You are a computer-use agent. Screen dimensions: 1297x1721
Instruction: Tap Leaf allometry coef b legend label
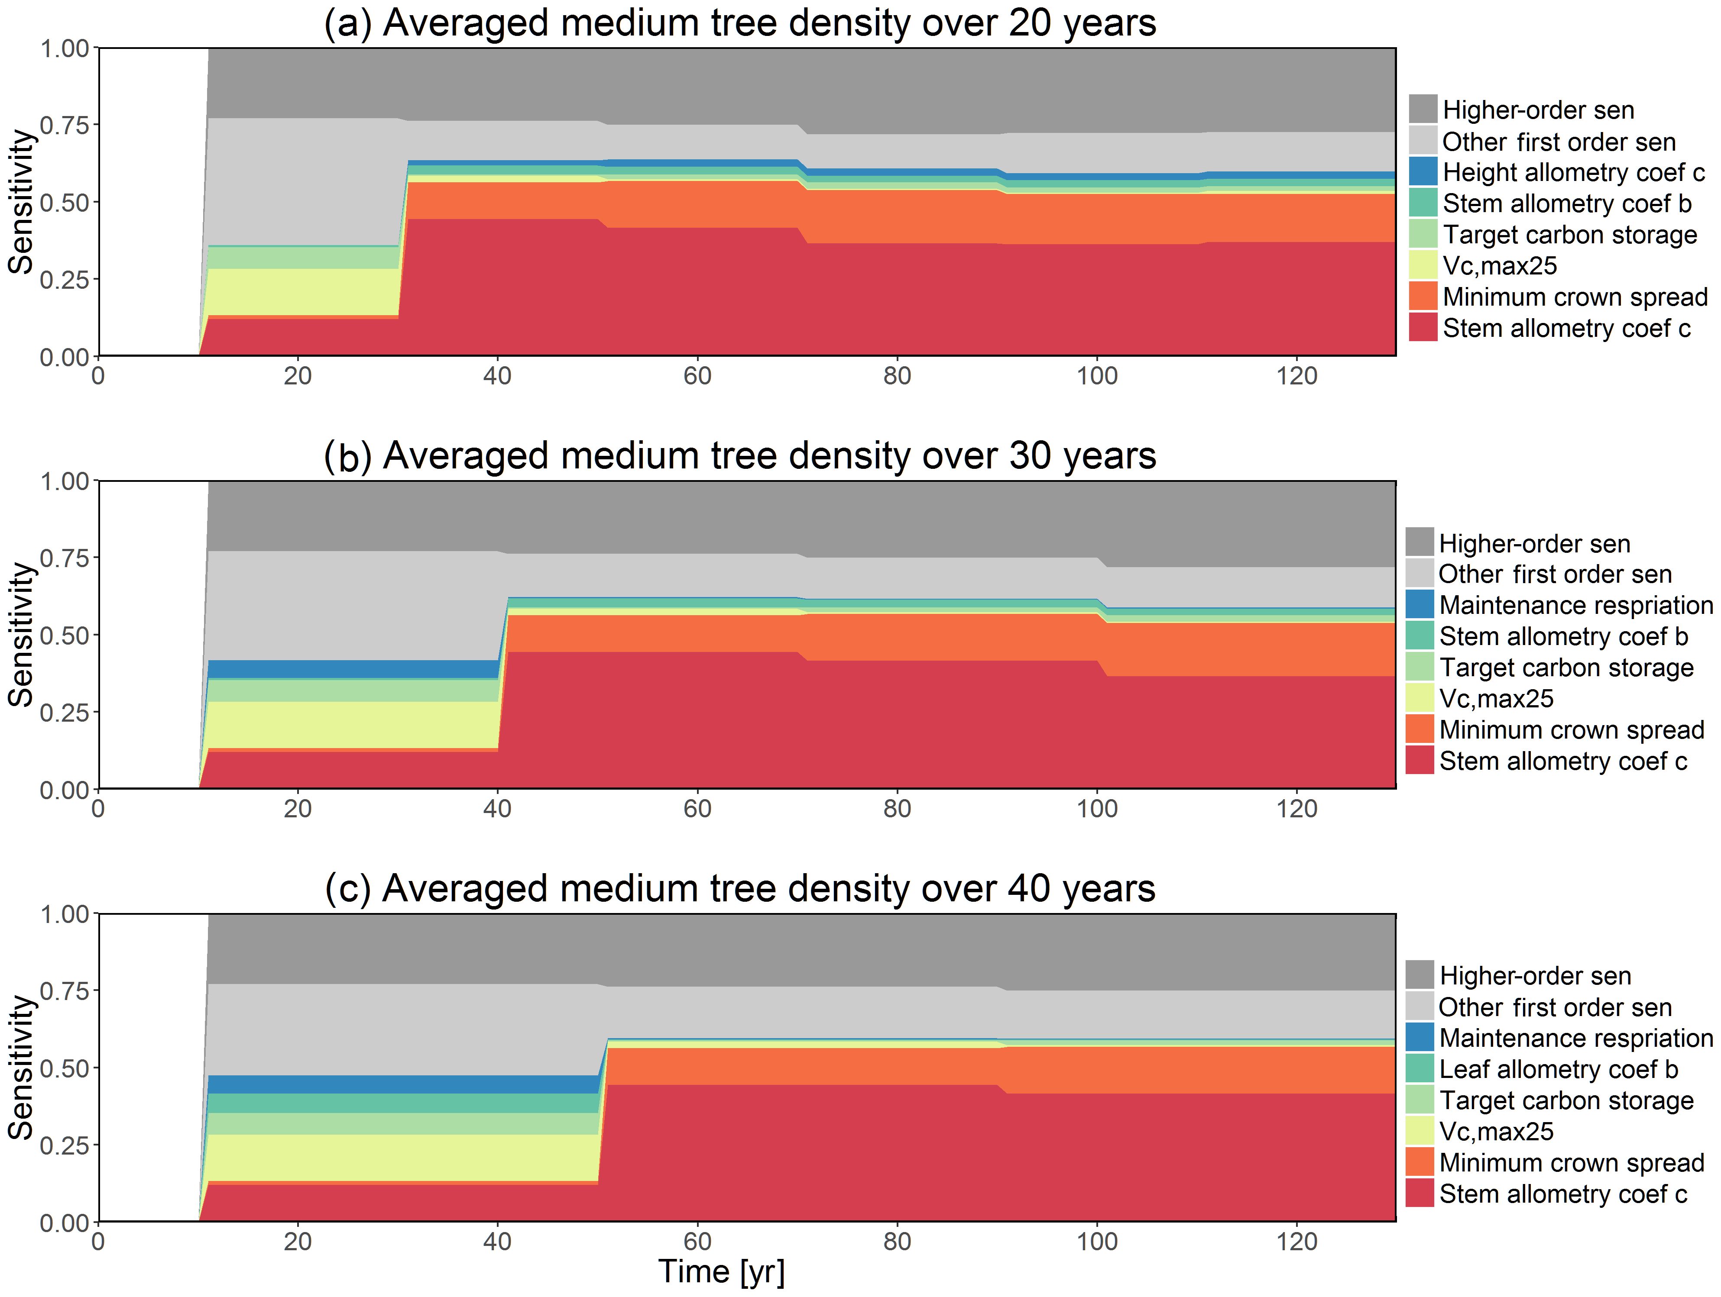coord(1559,1069)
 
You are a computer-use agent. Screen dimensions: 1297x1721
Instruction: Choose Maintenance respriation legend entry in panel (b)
coord(1575,605)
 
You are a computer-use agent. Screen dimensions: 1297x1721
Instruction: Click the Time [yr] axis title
coord(721,1271)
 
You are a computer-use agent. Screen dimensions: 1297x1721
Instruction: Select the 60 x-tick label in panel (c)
coord(697,1242)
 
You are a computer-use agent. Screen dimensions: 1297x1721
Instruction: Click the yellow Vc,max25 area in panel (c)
coord(389,1157)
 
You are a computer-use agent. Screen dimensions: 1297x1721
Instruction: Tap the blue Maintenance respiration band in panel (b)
coord(350,669)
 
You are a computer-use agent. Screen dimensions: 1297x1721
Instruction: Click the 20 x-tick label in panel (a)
coord(297,376)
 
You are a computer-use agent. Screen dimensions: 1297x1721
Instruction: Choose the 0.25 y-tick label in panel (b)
coord(65,712)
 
